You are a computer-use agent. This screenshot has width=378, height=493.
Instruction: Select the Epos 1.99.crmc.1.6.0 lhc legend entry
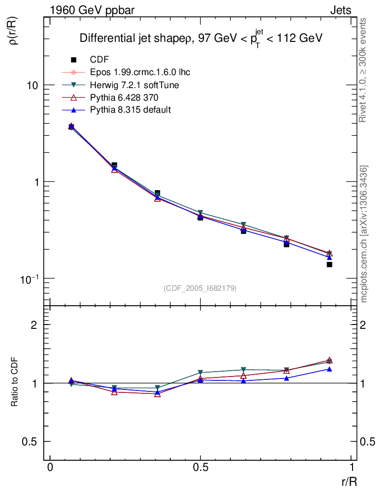pyautogui.click(x=140, y=72)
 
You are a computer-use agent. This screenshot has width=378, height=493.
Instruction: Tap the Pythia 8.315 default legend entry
pyautogui.click(x=130, y=110)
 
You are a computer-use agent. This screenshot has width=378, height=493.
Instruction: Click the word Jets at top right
pyautogui.click(x=340, y=10)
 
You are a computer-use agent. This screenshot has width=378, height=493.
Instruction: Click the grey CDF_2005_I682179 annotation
pyautogui.click(x=200, y=288)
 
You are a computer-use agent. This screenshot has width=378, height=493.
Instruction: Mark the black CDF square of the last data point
pyautogui.click(x=329, y=264)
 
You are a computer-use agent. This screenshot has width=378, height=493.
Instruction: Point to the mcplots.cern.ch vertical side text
pyautogui.click(x=364, y=234)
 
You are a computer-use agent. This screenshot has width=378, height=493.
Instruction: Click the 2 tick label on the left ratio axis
pyautogui.click(x=34, y=324)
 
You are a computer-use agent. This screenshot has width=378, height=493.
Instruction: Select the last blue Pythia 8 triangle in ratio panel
pyautogui.click(x=329, y=369)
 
